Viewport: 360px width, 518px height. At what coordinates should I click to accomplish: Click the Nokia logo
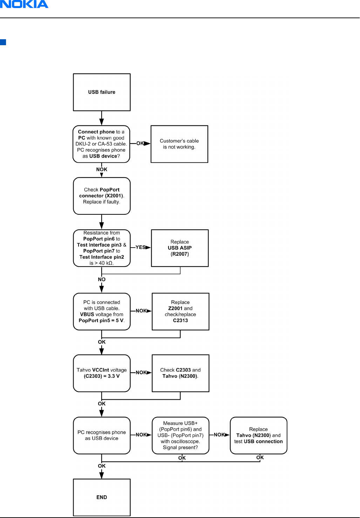(x=24, y=4)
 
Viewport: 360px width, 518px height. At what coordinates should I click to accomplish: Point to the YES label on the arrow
(x=141, y=247)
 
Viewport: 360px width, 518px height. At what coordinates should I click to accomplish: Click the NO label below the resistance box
(x=102, y=279)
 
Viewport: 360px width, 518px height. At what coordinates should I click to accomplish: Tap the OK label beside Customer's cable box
(x=140, y=143)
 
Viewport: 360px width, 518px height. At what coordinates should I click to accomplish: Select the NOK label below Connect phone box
(x=102, y=170)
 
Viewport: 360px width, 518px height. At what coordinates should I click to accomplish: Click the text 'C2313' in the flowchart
(x=180, y=320)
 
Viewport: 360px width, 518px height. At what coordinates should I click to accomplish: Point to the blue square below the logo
(x=3, y=42)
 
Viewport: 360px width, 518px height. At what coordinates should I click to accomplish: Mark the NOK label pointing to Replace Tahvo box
(x=219, y=435)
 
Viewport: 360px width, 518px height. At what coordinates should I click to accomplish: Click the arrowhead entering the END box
(x=102, y=476)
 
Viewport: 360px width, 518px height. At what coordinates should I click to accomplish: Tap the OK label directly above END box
(x=102, y=466)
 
